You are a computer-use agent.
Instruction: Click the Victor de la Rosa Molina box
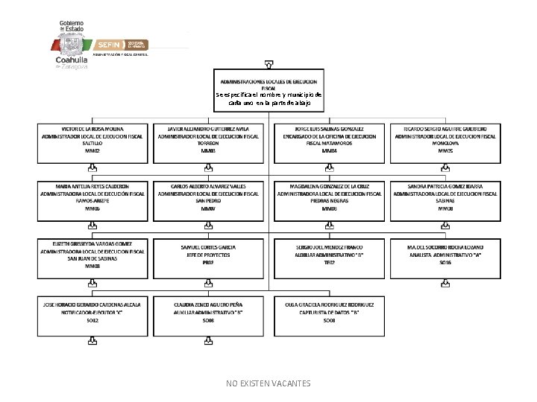[x=92, y=143]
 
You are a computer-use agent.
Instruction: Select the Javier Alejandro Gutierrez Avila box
[x=208, y=143]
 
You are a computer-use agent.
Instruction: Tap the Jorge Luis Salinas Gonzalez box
[x=329, y=143]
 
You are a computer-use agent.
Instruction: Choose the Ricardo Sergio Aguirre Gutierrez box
[x=445, y=143]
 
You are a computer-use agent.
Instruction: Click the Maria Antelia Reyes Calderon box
[x=92, y=201]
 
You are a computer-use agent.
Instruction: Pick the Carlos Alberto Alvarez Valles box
[x=208, y=201]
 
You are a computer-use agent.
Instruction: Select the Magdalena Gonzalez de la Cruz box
[x=329, y=201]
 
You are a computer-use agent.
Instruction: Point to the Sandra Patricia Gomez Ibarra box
[x=445, y=201]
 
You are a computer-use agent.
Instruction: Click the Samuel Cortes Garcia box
[x=208, y=258]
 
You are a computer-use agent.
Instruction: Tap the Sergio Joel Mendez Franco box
[x=329, y=258]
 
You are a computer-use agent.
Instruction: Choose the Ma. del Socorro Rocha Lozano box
[x=445, y=258]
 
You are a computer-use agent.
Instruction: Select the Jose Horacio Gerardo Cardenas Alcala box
[x=92, y=315]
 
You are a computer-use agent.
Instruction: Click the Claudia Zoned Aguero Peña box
[x=208, y=315]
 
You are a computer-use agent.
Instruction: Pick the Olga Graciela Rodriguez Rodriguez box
[x=329, y=315]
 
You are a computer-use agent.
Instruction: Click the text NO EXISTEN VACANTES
[x=268, y=383]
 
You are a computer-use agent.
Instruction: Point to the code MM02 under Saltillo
[x=92, y=150]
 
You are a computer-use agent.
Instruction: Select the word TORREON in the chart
[x=208, y=144]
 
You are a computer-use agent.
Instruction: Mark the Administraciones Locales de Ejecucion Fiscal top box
[x=268, y=91]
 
